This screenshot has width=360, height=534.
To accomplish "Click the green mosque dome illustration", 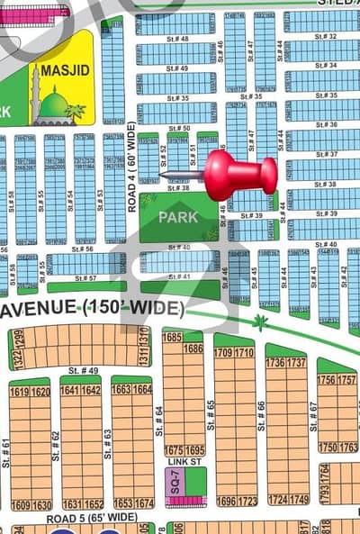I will [55, 106].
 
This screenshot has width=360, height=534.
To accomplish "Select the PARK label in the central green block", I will [178, 217].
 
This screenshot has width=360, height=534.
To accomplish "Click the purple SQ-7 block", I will [175, 481].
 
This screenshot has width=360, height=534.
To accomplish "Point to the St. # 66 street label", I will [262, 419].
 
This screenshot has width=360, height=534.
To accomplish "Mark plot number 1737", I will [297, 362].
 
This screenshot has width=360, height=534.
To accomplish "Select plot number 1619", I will [19, 392].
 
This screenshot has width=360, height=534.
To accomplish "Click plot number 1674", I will [144, 503].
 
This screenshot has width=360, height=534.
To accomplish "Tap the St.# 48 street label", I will [177, 40].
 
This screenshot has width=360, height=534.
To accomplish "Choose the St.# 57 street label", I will [86, 278].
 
